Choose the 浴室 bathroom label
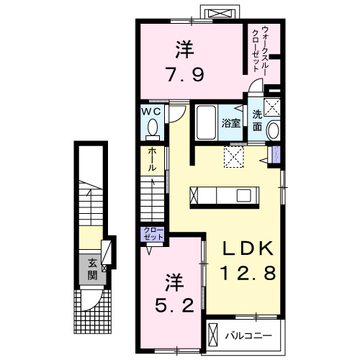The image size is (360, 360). [231, 122]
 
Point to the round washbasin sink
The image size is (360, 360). [273, 132]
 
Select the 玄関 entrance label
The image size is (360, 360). [92, 269]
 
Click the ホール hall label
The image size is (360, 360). [153, 159]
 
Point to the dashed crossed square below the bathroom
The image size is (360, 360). [234, 157]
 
